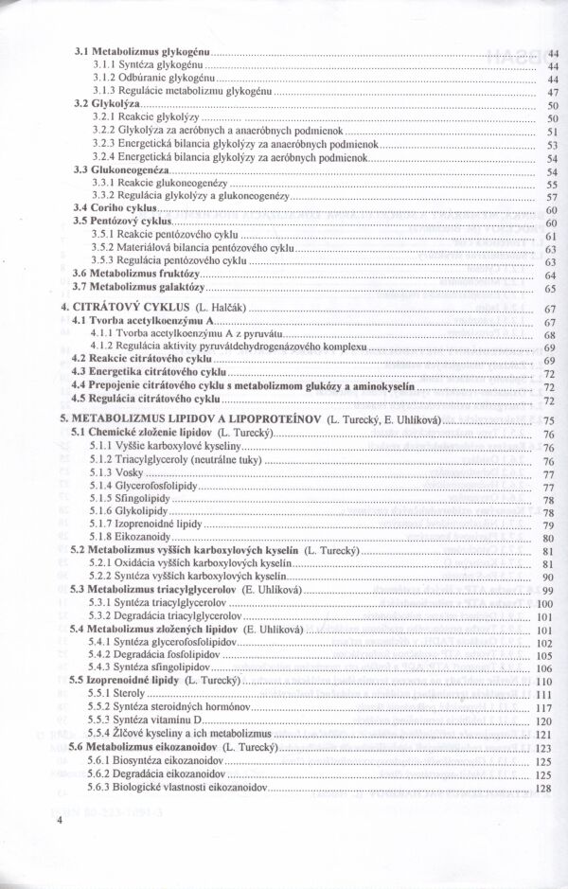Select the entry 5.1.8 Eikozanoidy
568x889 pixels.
(x=131, y=537)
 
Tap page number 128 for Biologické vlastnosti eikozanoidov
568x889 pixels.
(x=543, y=787)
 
